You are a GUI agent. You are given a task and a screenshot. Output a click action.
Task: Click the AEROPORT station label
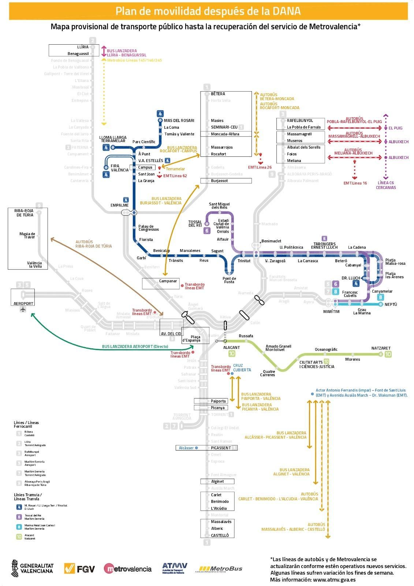click(x=23, y=303)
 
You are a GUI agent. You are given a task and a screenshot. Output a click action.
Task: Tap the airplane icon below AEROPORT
click(x=23, y=310)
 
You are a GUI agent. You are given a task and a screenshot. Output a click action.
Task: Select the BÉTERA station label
click(x=218, y=94)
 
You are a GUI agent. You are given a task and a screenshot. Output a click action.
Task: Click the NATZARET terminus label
click(x=381, y=348)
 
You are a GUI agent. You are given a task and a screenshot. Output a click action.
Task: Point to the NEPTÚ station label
click(x=391, y=304)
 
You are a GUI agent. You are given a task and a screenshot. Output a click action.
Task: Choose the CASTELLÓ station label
click(x=220, y=535)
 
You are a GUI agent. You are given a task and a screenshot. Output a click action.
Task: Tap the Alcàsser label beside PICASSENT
click(x=186, y=448)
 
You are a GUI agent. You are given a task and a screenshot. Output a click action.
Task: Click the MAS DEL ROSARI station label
click(x=179, y=120)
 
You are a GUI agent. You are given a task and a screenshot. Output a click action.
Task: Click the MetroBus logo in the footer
click(x=220, y=569)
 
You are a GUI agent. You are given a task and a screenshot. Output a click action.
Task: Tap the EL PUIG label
click(x=395, y=128)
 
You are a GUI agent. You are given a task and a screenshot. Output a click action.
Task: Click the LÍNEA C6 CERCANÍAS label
click(x=386, y=185)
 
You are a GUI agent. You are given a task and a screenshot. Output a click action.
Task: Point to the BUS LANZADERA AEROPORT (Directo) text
click(x=135, y=346)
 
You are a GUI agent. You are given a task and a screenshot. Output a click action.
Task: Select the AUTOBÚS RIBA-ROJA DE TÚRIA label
click(x=94, y=244)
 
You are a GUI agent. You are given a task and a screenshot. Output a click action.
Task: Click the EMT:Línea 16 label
click(x=355, y=183)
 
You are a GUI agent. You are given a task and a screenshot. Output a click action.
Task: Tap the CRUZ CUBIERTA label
click(x=242, y=368)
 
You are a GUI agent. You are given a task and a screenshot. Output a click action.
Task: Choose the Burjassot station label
click(x=219, y=181)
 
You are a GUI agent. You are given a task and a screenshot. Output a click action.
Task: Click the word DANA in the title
click(x=286, y=11)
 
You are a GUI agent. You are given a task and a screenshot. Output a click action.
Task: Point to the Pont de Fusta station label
click(x=229, y=280)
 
